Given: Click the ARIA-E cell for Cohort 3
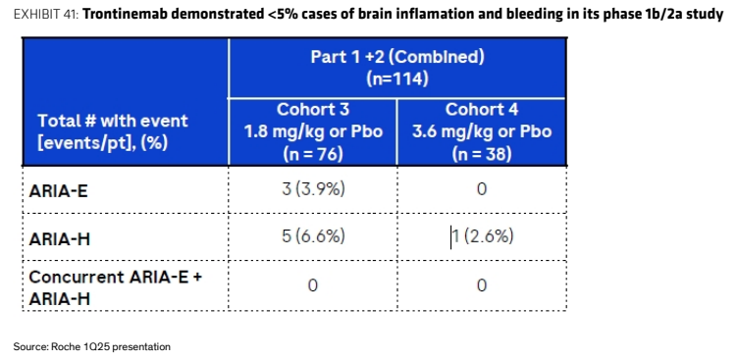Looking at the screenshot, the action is point(313,189).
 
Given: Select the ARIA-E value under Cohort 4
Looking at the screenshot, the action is point(482,189).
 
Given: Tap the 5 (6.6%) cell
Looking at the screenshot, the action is point(313,236).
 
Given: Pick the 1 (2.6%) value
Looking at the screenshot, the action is point(482,236).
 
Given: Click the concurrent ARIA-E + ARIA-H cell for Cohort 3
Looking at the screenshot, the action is point(312,285).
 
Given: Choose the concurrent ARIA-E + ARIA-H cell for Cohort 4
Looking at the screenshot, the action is point(482,285).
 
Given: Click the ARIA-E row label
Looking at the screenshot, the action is point(58,191).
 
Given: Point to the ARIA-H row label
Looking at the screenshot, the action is point(59,239).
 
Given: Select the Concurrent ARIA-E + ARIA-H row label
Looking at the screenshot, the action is point(116,287).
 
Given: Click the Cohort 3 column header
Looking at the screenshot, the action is point(313,110).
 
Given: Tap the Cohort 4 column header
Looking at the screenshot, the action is point(482,110).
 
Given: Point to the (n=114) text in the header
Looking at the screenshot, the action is point(397,79).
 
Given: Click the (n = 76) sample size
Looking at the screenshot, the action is point(313,153).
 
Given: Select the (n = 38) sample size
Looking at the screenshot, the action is point(482,153).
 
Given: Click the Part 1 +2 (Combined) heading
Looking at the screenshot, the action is point(397,58).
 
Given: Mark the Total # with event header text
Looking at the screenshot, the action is point(113,121).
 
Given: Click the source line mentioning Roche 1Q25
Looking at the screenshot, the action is point(92,347).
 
